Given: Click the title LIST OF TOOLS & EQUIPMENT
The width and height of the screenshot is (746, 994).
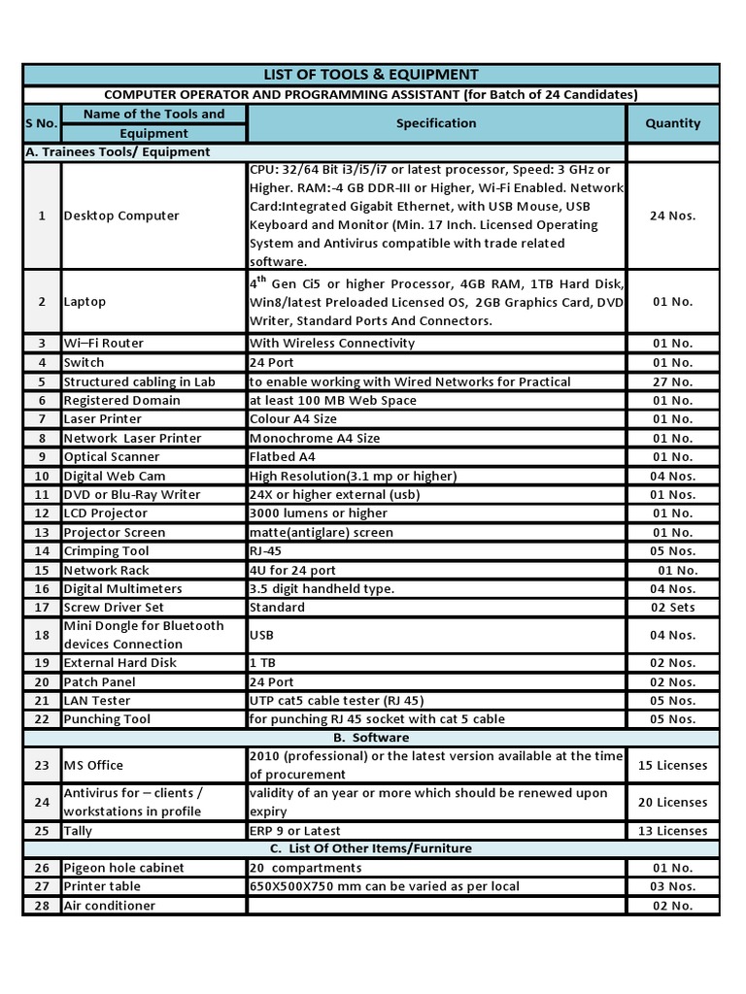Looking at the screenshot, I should (x=371, y=75).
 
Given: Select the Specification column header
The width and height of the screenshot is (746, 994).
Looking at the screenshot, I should (x=436, y=123).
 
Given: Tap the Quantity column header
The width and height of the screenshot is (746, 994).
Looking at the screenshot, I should (x=672, y=123).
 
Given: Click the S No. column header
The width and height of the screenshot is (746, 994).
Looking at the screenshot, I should (x=42, y=123).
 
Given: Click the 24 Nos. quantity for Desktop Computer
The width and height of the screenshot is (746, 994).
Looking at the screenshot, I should (x=672, y=215).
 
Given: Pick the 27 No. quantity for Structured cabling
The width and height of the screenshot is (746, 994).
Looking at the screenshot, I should (x=672, y=381).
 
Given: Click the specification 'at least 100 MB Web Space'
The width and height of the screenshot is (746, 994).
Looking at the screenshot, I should (x=332, y=400).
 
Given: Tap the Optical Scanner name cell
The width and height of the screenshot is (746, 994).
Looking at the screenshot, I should (x=112, y=457).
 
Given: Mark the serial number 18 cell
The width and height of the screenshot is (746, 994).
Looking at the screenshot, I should (x=42, y=635).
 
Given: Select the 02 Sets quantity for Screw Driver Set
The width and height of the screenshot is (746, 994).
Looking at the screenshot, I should (x=672, y=608).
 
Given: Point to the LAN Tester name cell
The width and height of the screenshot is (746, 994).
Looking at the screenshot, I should (x=97, y=701).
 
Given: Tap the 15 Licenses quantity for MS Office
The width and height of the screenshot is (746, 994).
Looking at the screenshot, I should (x=672, y=765).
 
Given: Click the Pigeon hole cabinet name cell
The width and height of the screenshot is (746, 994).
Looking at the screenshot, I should (x=123, y=868).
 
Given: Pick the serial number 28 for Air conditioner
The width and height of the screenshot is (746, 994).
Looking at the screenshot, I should (x=42, y=906).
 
